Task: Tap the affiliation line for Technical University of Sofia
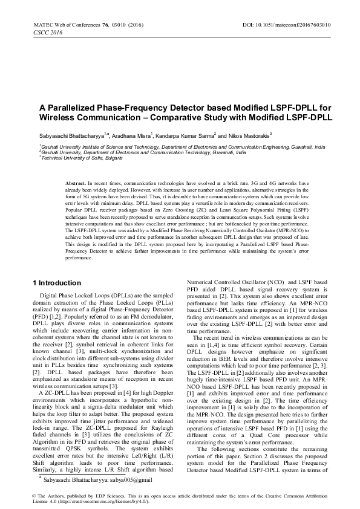[x=73, y=157]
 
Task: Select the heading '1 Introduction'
[x=56, y=282]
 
